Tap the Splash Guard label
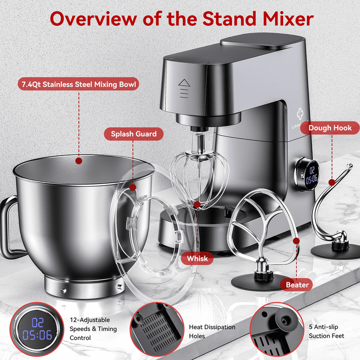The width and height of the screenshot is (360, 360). [134, 134]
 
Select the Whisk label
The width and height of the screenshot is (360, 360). [197, 258]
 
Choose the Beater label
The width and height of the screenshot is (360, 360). [297, 285]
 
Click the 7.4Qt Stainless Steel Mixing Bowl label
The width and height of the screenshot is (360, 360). [79, 85]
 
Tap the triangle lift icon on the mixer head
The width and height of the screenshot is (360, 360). [184, 83]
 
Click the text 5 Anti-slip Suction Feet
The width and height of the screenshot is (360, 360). [327, 331]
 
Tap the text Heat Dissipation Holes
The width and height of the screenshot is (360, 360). [211, 331]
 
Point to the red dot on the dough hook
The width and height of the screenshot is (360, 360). [331, 182]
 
